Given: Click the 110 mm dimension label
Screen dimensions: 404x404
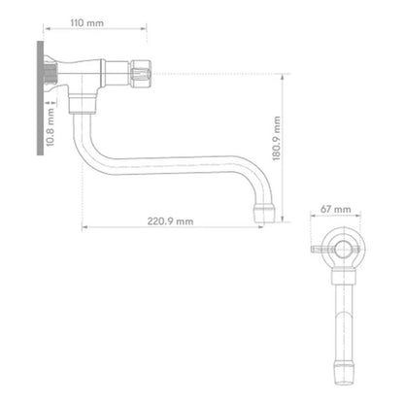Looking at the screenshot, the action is click(87, 23).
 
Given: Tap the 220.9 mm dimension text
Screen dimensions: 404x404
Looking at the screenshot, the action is click(170, 221).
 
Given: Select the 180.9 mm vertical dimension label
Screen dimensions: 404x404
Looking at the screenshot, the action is click(277, 139).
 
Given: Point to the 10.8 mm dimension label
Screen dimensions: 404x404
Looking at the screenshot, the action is click(50, 127).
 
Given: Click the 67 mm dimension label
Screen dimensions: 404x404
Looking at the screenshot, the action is click(336, 209).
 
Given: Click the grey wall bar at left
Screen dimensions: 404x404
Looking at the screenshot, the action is click(40, 98).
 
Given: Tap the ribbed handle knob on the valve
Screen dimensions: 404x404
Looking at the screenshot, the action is click(141, 74).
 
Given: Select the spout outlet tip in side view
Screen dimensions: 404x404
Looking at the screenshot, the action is click(264, 213).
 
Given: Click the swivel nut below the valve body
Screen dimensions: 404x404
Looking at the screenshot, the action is click(83, 103).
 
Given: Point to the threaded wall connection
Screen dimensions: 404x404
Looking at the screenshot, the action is click(50, 74).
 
